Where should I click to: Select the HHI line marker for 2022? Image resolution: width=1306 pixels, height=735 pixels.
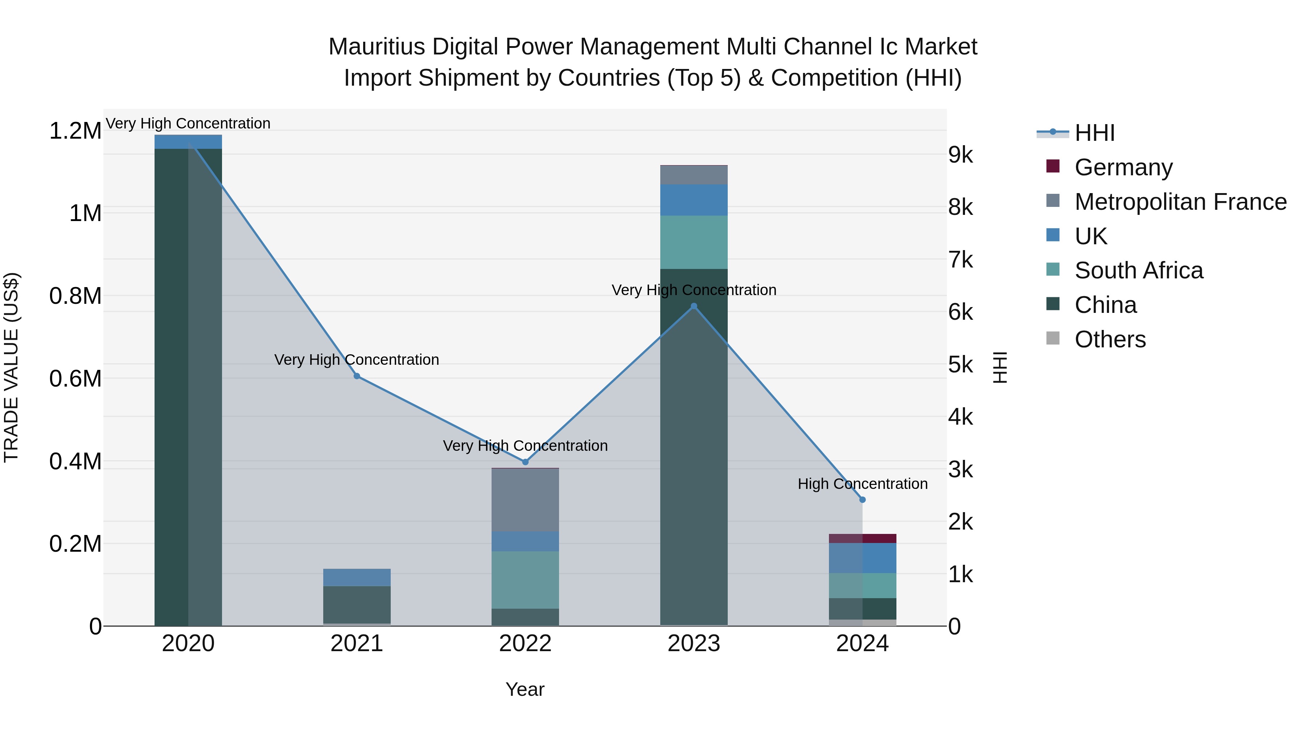coord(525,462)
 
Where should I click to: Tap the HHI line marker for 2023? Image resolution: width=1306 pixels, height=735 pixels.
coord(694,306)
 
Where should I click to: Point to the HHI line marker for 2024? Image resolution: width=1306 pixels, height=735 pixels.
coord(862,500)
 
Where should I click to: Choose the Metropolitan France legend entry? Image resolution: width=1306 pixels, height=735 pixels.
coord(1180,202)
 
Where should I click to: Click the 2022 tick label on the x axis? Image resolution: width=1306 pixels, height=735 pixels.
coord(525,644)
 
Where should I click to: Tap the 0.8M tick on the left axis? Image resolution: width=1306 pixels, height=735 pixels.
coord(75,296)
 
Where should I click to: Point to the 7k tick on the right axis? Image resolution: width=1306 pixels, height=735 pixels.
coord(960,260)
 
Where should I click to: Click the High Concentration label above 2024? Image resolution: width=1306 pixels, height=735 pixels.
coord(862,484)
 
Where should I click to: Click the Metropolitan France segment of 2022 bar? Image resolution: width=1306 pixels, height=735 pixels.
coord(525,500)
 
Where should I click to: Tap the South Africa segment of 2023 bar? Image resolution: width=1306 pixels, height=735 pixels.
coord(694,242)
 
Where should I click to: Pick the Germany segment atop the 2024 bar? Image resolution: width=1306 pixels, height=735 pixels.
coord(862,538)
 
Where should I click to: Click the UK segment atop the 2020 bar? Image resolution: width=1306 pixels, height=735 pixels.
coord(188,142)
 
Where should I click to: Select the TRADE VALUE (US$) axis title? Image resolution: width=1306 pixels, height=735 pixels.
coord(11,367)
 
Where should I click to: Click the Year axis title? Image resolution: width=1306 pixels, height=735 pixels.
coord(525,689)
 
